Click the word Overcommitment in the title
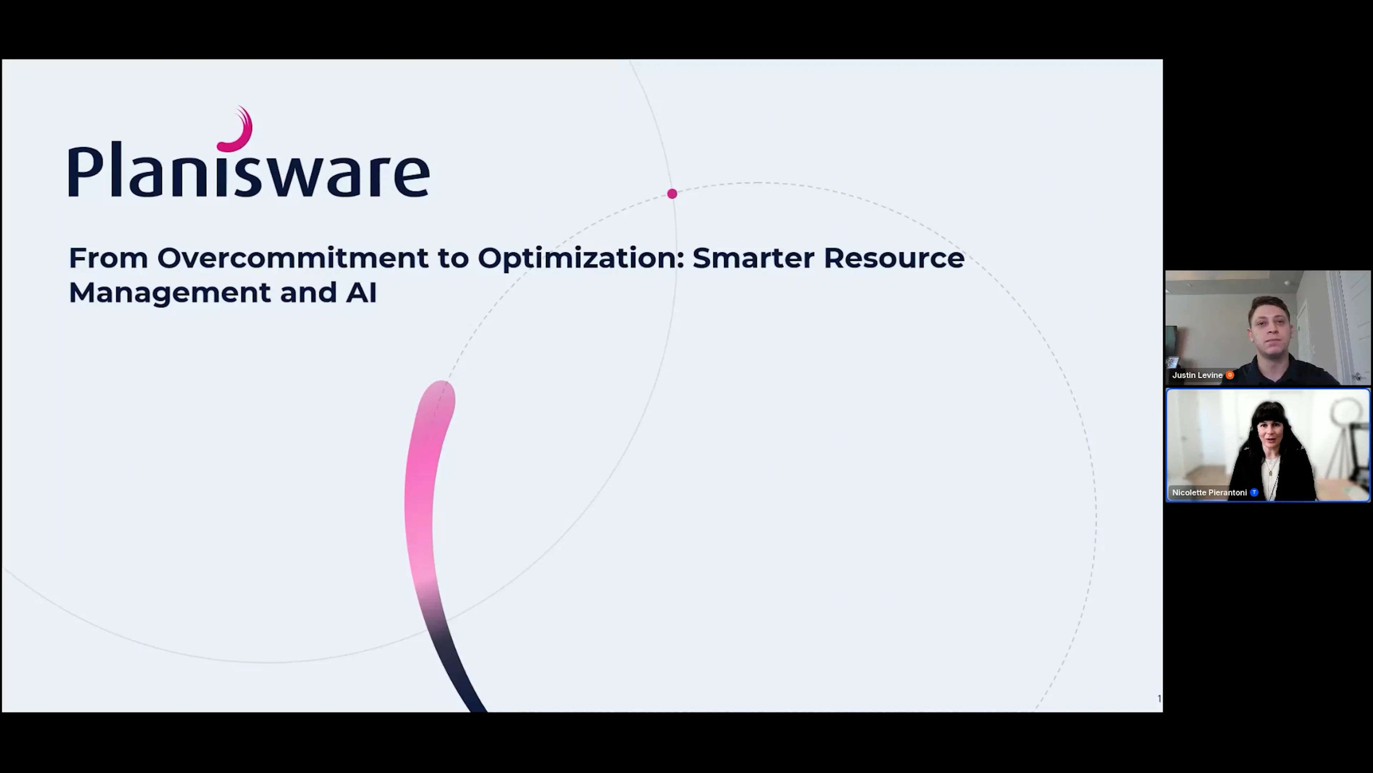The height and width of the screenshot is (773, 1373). (292, 258)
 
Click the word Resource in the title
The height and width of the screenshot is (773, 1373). (894, 258)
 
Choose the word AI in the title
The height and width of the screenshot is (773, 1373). (361, 293)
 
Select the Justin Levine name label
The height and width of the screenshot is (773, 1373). (1197, 375)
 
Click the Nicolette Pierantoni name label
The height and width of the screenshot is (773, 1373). (1209, 493)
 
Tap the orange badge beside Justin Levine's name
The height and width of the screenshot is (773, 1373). (1230, 375)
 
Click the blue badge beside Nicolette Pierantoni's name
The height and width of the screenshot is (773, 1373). (1254, 493)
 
